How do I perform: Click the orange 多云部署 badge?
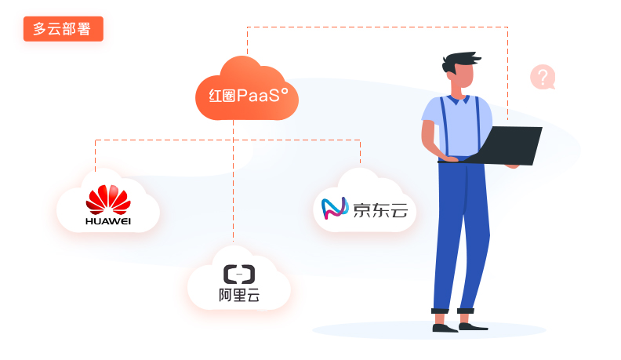click(x=64, y=29)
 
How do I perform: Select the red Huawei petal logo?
click(x=108, y=200)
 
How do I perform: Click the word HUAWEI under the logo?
click(x=108, y=222)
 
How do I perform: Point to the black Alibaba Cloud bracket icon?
click(x=239, y=274)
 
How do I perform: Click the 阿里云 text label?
click(x=239, y=296)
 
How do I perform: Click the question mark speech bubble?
click(x=543, y=77)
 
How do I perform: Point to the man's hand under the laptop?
click(x=449, y=159)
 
